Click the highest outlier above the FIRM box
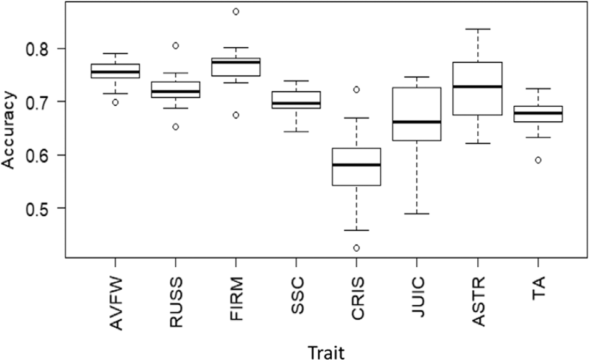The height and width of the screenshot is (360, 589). [236, 11]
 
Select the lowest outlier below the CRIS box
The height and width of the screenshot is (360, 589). [357, 248]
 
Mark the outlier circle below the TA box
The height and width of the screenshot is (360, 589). [538, 160]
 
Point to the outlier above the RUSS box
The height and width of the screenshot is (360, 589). [176, 45]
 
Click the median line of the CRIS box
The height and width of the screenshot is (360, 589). [357, 165]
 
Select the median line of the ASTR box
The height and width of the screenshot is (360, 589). [478, 86]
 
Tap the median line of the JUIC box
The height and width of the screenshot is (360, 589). [418, 122]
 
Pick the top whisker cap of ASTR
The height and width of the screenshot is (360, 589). [478, 29]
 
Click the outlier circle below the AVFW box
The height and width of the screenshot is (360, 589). [116, 102]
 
